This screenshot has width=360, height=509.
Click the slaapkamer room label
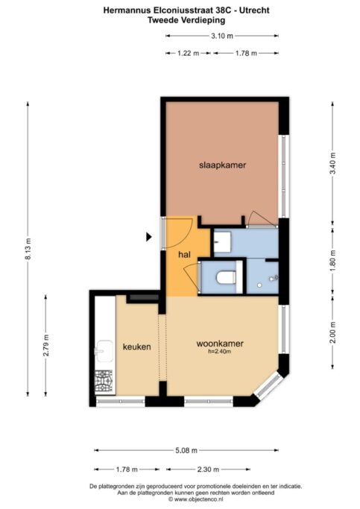pos(222,165)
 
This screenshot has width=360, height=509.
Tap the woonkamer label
pos(220,344)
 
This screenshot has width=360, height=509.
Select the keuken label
pos(136,347)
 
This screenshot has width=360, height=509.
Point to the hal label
pos(184,255)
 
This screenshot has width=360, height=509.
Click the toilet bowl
pos(226,277)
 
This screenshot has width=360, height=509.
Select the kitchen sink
pos(104,351)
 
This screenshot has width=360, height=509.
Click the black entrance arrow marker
pos(148,237)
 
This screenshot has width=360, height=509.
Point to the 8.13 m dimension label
pos(28,249)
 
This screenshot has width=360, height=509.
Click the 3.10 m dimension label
pos(222,36)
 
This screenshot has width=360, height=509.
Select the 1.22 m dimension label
pos(189,53)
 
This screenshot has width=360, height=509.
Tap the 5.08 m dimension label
pos(186,450)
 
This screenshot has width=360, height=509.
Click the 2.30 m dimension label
pos(208,469)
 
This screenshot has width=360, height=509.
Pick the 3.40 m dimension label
pos(332,163)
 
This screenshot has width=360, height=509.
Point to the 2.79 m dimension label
pos(46,345)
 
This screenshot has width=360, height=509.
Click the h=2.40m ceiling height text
pos(220,351)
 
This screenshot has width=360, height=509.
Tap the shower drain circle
pos(259,285)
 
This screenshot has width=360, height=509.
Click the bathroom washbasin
pos(222,242)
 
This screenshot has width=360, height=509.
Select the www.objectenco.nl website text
pos(195,499)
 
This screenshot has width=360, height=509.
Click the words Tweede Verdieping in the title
pos(186,20)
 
